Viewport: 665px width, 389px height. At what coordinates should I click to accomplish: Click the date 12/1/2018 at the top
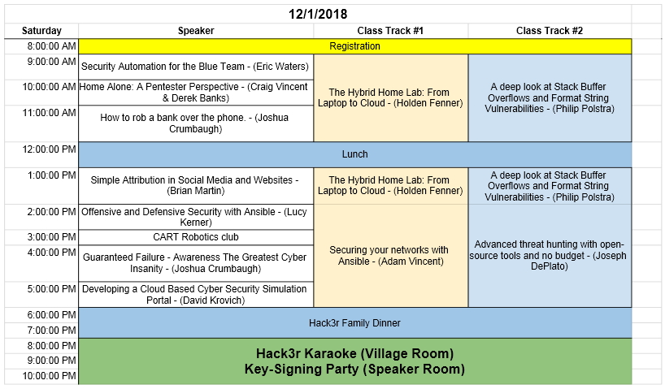(x=318, y=14)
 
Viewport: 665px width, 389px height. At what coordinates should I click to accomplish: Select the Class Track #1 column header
(x=390, y=31)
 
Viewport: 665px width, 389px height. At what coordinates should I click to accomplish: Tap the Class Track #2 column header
(x=550, y=31)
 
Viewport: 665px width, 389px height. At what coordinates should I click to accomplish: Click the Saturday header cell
(x=41, y=31)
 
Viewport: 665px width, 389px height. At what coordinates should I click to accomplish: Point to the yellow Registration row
(x=355, y=46)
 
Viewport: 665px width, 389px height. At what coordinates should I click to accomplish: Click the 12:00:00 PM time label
(x=50, y=149)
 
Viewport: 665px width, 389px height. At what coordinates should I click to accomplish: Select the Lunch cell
(x=355, y=154)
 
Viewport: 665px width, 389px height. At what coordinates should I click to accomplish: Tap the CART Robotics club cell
(x=196, y=237)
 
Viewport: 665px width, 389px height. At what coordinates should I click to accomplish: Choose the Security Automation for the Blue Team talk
(x=196, y=67)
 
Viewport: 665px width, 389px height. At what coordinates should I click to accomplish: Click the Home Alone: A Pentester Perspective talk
(x=196, y=93)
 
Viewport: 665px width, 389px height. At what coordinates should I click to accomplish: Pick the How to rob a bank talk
(x=196, y=123)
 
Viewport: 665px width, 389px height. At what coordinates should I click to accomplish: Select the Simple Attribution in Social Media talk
(x=196, y=186)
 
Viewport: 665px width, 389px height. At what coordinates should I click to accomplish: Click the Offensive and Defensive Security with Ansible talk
(x=196, y=217)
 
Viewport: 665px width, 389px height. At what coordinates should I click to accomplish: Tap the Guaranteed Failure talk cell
(x=196, y=263)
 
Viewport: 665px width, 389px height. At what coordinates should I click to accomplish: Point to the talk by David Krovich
(x=196, y=295)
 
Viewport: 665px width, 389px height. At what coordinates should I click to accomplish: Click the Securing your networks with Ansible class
(x=390, y=256)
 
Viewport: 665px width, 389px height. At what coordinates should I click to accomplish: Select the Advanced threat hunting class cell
(x=550, y=256)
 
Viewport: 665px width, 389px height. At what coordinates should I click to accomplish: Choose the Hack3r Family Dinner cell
(x=355, y=323)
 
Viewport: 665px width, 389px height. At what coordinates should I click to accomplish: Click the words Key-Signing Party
(x=302, y=369)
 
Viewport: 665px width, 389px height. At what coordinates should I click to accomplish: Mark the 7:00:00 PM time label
(x=52, y=331)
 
